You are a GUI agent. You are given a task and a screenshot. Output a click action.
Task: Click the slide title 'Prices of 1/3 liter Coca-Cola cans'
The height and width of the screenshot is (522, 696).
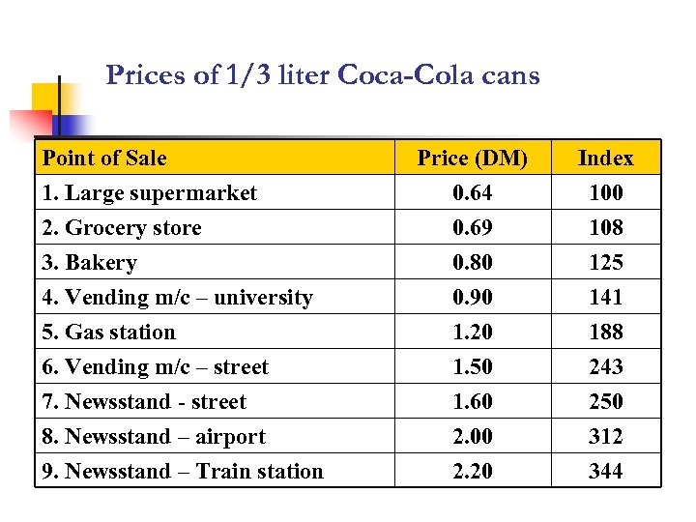point(323,75)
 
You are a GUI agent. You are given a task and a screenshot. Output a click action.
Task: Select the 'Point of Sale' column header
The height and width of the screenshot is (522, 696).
point(105,159)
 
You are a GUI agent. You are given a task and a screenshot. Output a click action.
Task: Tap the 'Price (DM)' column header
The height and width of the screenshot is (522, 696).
point(472,159)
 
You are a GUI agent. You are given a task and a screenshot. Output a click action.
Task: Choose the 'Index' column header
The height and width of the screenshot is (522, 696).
point(605,159)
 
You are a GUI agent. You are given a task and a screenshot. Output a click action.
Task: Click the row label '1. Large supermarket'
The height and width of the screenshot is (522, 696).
point(150,193)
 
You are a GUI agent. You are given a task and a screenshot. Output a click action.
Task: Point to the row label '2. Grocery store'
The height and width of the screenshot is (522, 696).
point(123,228)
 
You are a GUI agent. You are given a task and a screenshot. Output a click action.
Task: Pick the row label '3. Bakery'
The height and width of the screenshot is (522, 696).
point(90,263)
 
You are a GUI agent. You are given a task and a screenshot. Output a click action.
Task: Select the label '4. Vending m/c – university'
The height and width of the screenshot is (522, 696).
point(178,298)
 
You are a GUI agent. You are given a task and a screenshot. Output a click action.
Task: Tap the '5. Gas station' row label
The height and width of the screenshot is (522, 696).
point(109,333)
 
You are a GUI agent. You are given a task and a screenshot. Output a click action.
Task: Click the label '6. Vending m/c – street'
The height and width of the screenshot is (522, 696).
point(156,367)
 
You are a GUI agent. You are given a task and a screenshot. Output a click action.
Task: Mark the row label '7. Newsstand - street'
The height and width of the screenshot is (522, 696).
point(145,402)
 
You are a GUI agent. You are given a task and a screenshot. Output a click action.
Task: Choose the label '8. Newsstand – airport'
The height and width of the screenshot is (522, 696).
point(155,437)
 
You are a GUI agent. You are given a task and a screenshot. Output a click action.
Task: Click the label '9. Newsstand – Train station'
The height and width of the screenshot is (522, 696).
point(184,472)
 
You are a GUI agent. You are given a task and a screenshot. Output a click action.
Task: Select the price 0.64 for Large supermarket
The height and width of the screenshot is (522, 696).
point(472,193)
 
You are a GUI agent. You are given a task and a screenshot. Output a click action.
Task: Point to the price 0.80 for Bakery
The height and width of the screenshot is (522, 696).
point(472,263)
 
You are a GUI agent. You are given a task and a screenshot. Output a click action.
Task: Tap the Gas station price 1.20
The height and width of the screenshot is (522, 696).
point(472,333)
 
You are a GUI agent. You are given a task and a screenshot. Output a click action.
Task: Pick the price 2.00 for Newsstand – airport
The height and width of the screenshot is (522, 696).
point(472,437)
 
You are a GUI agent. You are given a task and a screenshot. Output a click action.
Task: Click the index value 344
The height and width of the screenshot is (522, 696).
point(605,472)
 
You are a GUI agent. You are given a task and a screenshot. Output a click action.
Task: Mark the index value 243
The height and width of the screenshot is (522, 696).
point(605,367)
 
